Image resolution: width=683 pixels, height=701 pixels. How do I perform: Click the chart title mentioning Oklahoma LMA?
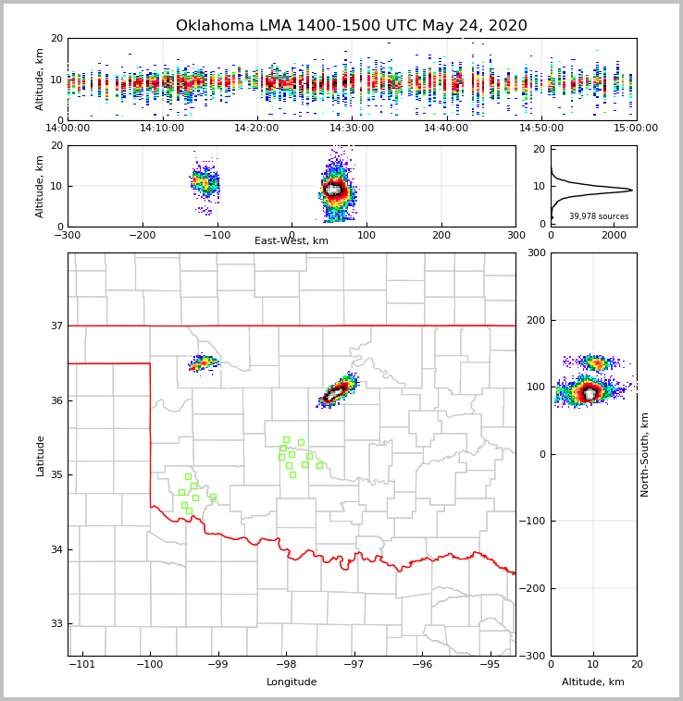point(351,26)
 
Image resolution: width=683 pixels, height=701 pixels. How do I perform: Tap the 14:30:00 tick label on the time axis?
point(352,129)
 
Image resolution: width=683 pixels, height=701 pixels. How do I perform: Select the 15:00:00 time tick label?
point(636,129)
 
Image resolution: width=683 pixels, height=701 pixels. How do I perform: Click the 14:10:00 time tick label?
point(162,129)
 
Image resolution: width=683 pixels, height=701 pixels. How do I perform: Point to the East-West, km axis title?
point(292,241)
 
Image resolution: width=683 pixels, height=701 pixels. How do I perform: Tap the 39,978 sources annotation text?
point(598,216)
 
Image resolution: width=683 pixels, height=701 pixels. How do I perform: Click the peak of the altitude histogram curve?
point(631,191)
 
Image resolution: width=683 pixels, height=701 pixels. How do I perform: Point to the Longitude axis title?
point(292,683)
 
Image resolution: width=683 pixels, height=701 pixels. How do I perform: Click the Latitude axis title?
point(40,455)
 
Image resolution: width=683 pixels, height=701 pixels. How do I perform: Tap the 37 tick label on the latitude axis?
point(56,326)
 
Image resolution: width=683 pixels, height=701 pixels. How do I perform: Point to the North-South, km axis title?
point(645,454)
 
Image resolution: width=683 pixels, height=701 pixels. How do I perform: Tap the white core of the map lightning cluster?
point(335,394)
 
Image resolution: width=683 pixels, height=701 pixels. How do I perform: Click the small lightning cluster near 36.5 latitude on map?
point(203,363)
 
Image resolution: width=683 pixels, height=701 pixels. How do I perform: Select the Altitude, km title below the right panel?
point(593,683)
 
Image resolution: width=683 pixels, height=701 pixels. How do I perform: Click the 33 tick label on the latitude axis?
point(56,623)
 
